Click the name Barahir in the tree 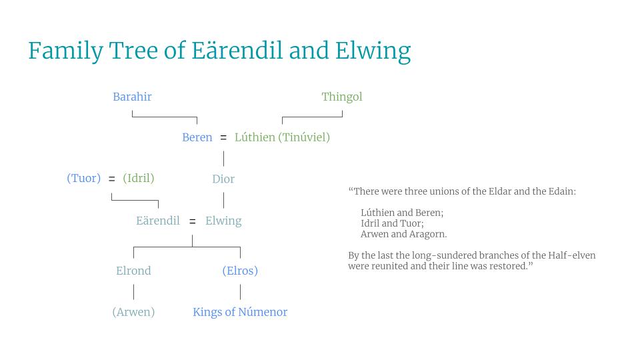(x=132, y=97)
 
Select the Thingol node (x=342, y=97)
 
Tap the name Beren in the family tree (x=197, y=137)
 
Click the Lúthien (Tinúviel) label (x=282, y=137)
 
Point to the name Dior (x=223, y=179)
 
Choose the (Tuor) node (x=84, y=178)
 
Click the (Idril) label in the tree (x=139, y=178)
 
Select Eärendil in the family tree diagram (x=158, y=221)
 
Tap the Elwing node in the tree (x=223, y=221)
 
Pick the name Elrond (x=133, y=271)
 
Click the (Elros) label (x=240, y=271)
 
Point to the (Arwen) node (x=133, y=312)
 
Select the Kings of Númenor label (x=240, y=312)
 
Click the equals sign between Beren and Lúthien (x=223, y=138)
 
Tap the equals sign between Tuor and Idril (x=112, y=179)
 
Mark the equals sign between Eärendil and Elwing (x=193, y=221)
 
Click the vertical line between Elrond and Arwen (x=133, y=291)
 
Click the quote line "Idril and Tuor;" (x=392, y=223)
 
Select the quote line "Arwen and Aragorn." (x=403, y=234)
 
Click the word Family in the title (x=65, y=51)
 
